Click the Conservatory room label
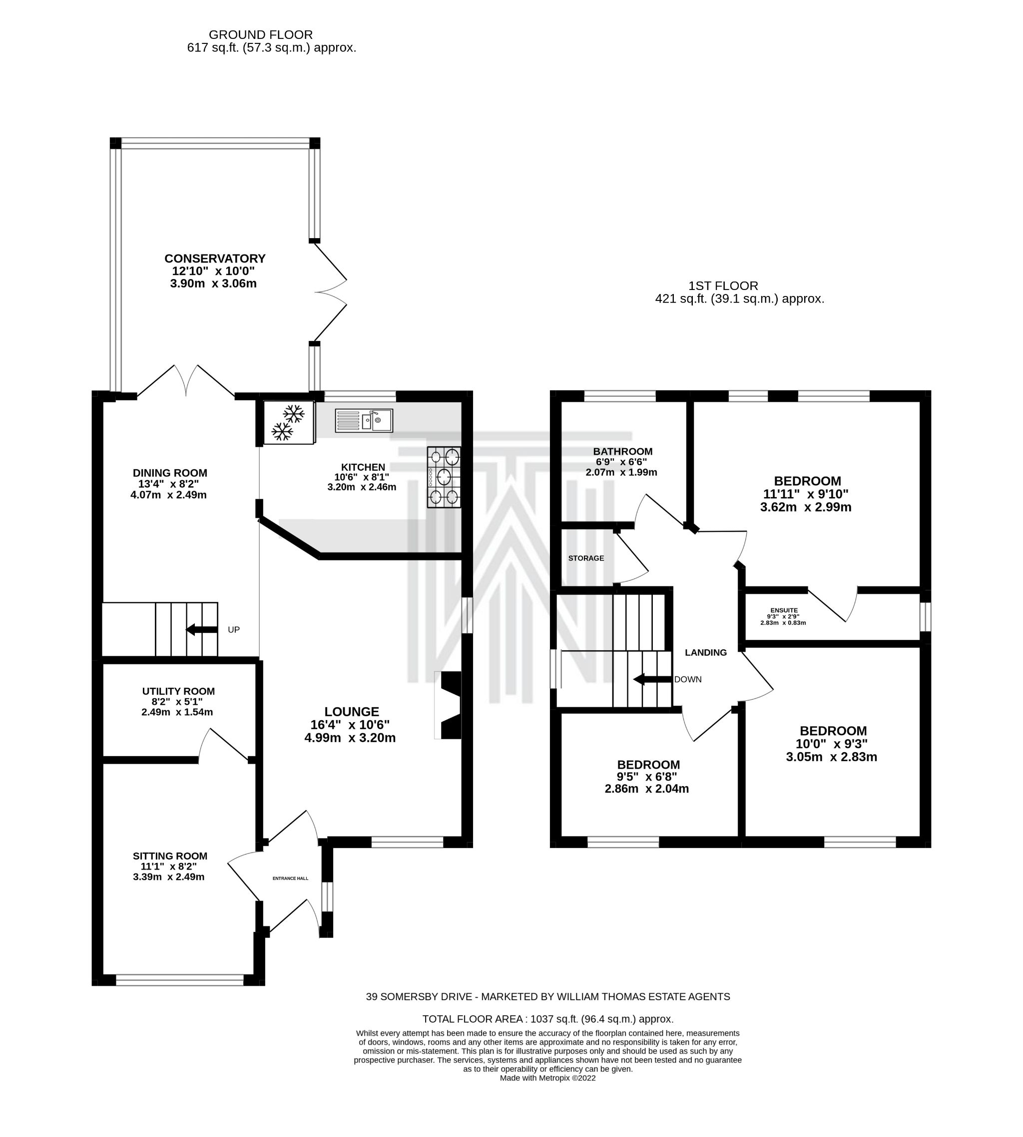pos(215,259)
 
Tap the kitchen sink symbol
pos(364,420)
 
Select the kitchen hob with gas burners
pos(444,477)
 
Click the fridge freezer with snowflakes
pos(288,422)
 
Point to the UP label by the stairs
pos(234,630)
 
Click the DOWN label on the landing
pos(688,679)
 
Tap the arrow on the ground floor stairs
pos(201,629)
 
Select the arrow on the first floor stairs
pos(652,679)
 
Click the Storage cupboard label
pos(586,559)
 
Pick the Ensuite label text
pos(784,610)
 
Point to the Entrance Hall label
pos(290,878)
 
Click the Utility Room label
pos(178,691)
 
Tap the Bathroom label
pos(623,452)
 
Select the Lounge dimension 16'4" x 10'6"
pos(350,725)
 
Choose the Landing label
pos(705,652)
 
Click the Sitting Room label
pos(170,856)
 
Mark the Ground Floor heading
pos(261,35)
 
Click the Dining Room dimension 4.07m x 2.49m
pos(169,495)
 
